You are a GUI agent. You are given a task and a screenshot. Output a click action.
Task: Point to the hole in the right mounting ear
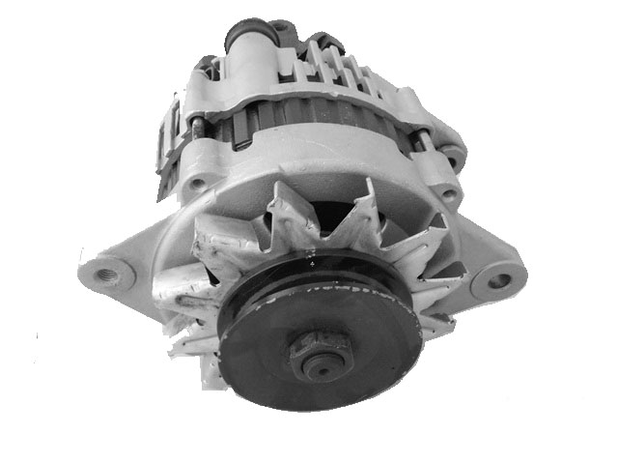[x=498, y=281]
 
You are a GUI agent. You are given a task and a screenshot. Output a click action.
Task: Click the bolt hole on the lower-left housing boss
[x=197, y=181]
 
